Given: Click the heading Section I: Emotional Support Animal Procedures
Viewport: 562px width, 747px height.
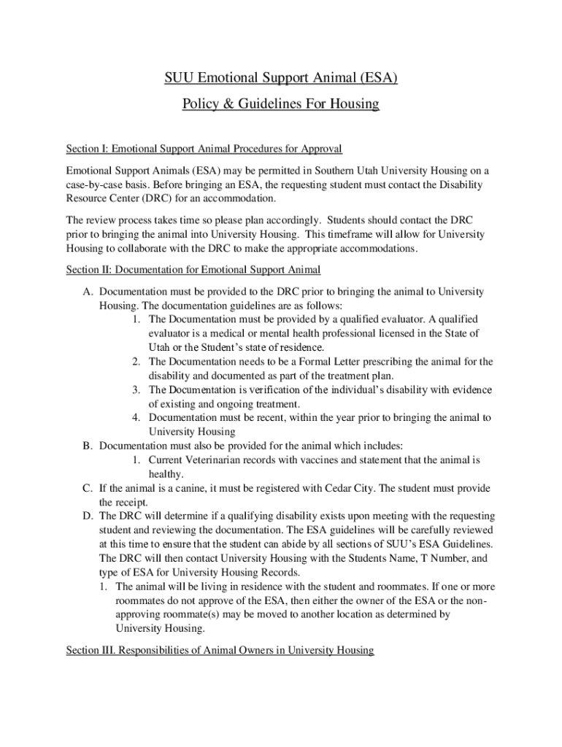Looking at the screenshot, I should click(x=204, y=149).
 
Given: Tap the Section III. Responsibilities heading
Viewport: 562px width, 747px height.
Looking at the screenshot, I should click(x=220, y=649).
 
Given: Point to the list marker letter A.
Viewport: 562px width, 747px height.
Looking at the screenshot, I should click(x=87, y=291).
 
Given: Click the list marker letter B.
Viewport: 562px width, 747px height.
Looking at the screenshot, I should click(x=87, y=445).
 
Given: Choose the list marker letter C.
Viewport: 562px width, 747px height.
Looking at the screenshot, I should click(x=87, y=488).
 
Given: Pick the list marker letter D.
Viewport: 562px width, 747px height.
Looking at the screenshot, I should click(x=87, y=516).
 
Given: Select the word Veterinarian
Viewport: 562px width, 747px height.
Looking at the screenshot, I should click(x=218, y=460).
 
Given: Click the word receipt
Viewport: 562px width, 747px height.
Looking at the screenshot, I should click(x=133, y=503).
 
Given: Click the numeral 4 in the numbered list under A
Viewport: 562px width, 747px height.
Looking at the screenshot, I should click(x=136, y=417).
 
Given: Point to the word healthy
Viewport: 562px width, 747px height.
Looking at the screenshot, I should click(x=166, y=474).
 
